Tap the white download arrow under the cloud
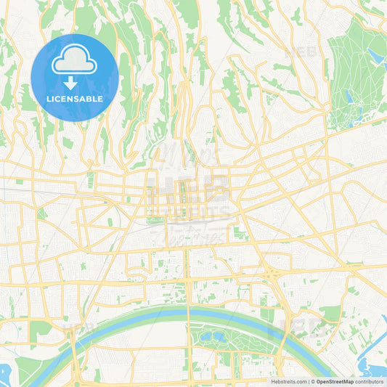75,83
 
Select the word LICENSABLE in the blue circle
75,99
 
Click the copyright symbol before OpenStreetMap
312,381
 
